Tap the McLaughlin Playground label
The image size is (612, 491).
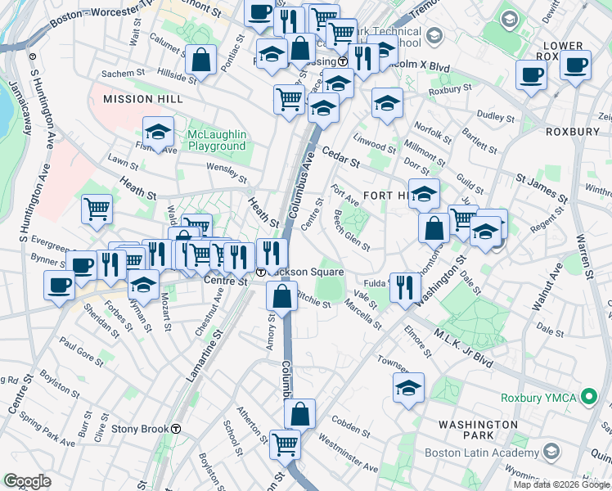click(x=217, y=140)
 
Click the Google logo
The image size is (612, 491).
click(x=27, y=481)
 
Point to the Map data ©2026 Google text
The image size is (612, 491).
click(x=561, y=484)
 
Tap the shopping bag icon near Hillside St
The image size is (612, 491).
click(x=200, y=60)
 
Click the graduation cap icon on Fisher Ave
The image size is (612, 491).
click(x=158, y=132)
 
